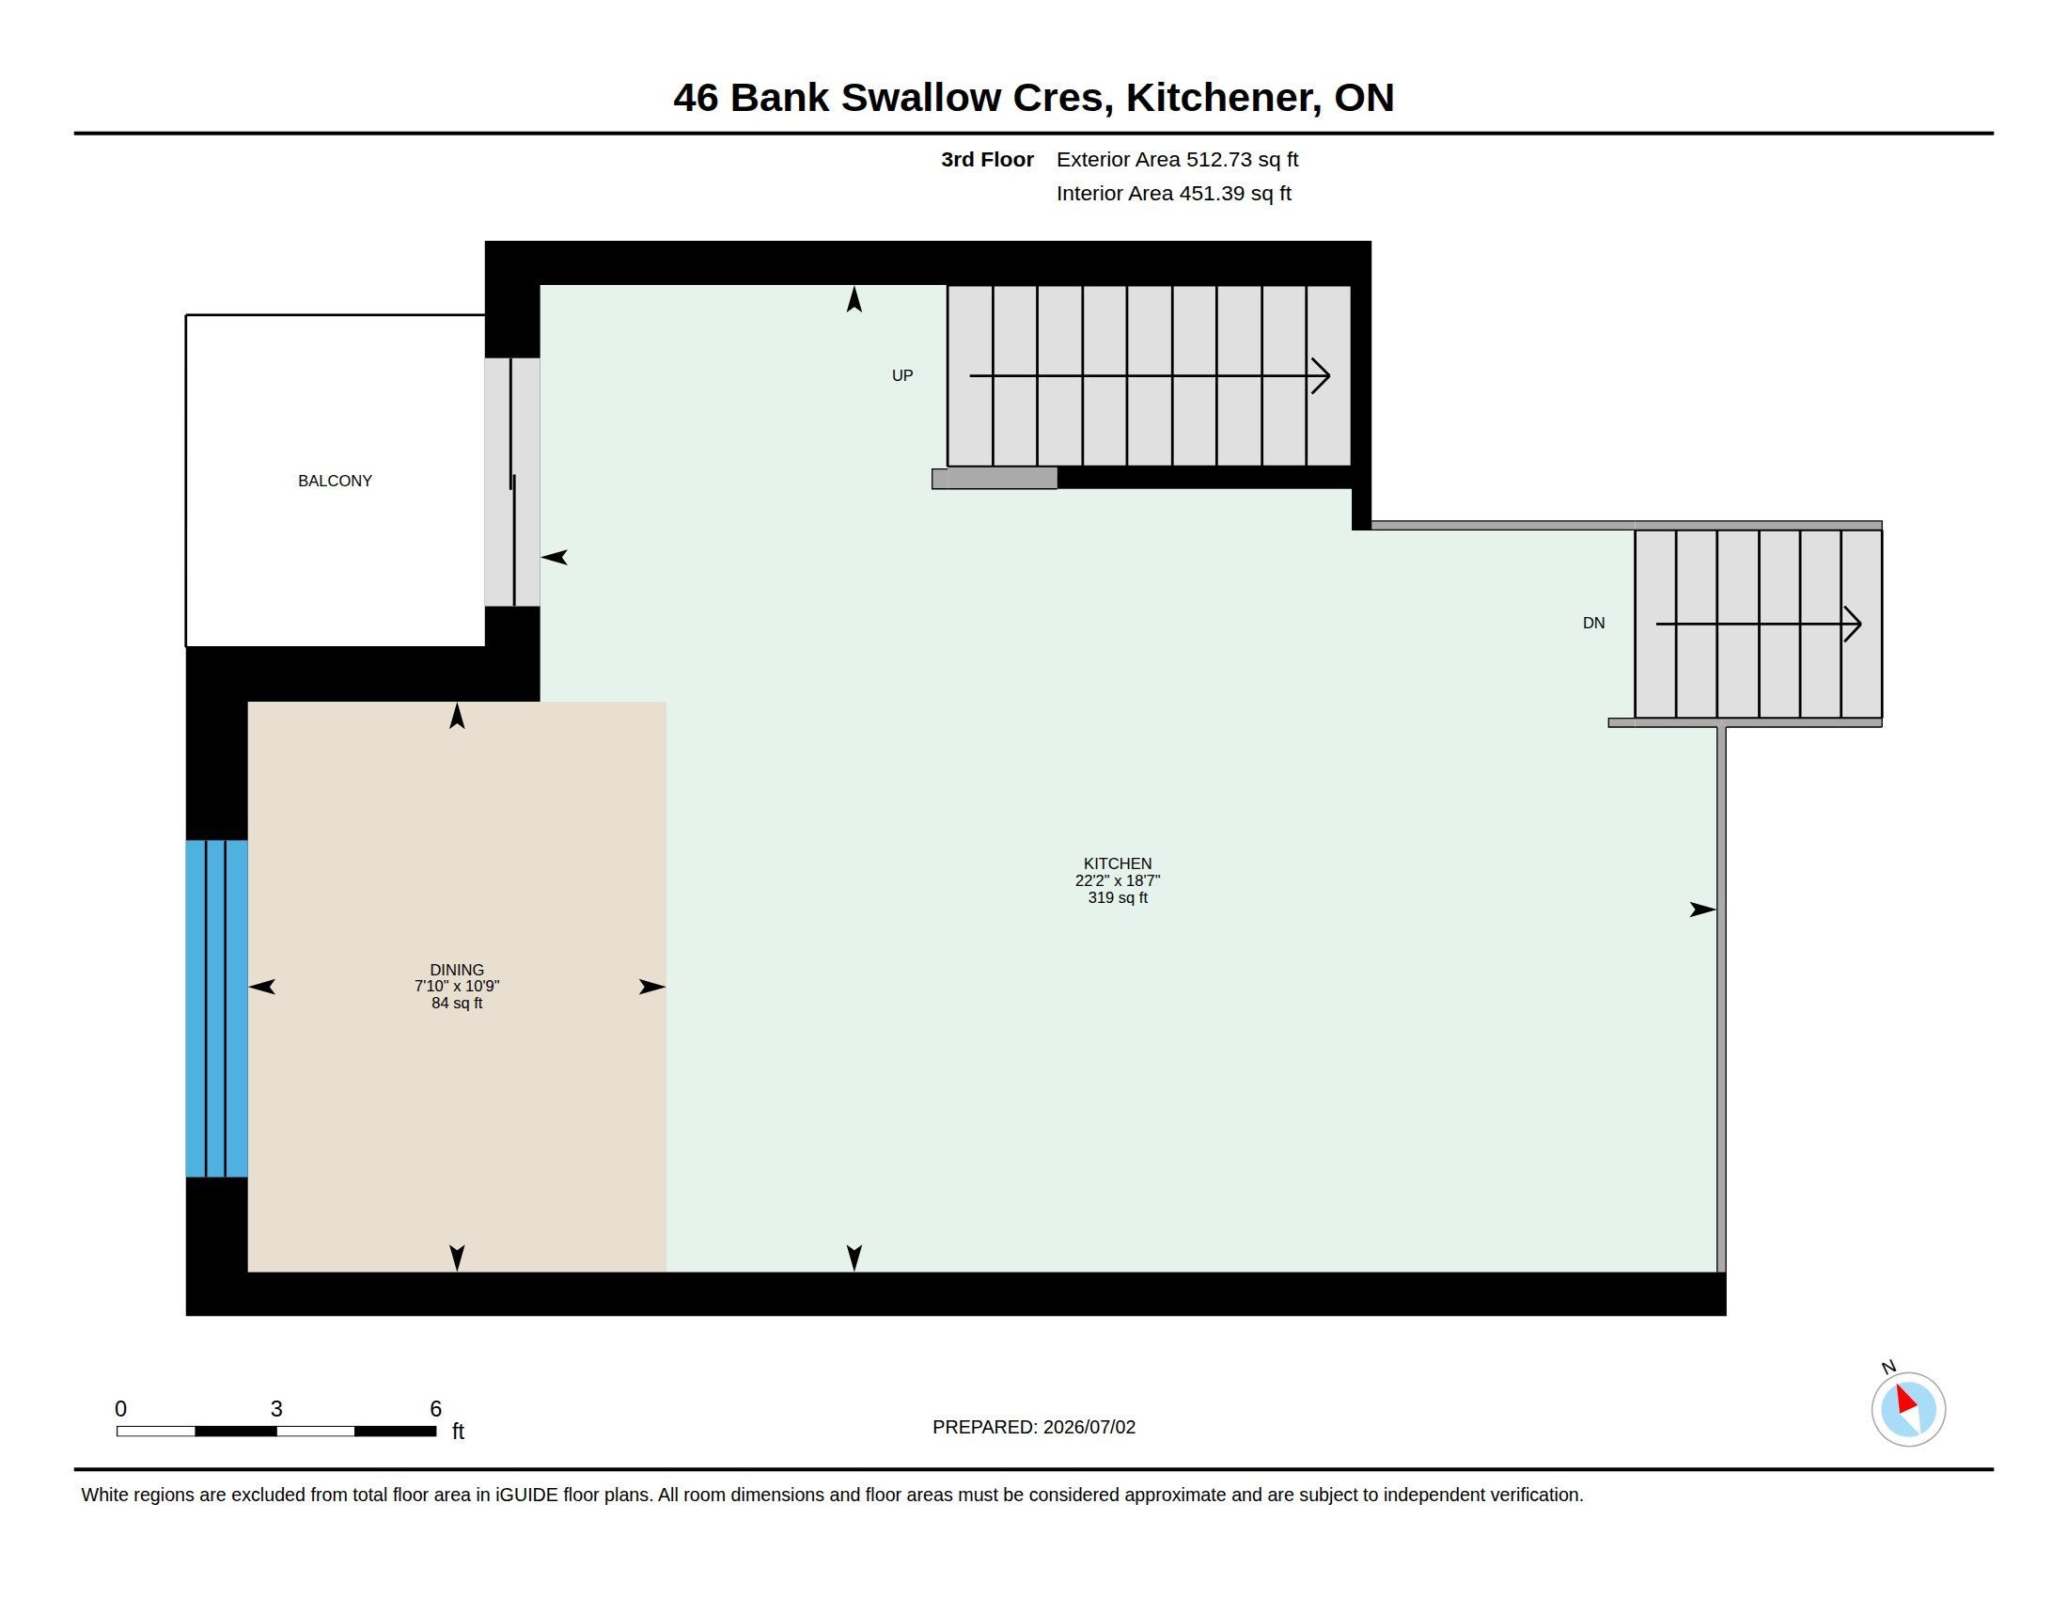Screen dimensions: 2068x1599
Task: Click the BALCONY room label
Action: coord(336,482)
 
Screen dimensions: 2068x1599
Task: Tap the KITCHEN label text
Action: coord(1118,863)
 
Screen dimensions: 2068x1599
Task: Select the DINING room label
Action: coord(457,970)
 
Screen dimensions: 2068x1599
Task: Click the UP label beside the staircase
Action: coord(902,376)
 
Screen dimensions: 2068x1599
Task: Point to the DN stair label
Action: coord(1593,624)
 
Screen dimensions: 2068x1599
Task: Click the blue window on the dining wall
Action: coord(217,1009)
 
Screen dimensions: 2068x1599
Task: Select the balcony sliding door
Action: coord(512,483)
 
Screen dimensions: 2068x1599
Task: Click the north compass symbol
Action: coord(1908,1408)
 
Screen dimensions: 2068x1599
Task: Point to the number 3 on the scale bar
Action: coord(276,1409)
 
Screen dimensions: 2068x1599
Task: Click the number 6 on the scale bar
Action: coord(435,1409)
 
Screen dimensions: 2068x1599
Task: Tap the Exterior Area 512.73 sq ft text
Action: coord(1177,160)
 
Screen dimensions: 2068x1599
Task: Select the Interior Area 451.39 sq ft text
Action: coord(1173,194)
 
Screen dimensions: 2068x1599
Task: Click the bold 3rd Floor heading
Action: coord(987,160)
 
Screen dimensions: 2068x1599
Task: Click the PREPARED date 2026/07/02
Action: coord(1089,1428)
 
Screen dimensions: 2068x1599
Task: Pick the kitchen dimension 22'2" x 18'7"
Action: coord(1118,881)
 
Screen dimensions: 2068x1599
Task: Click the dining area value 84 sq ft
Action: coord(457,1004)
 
